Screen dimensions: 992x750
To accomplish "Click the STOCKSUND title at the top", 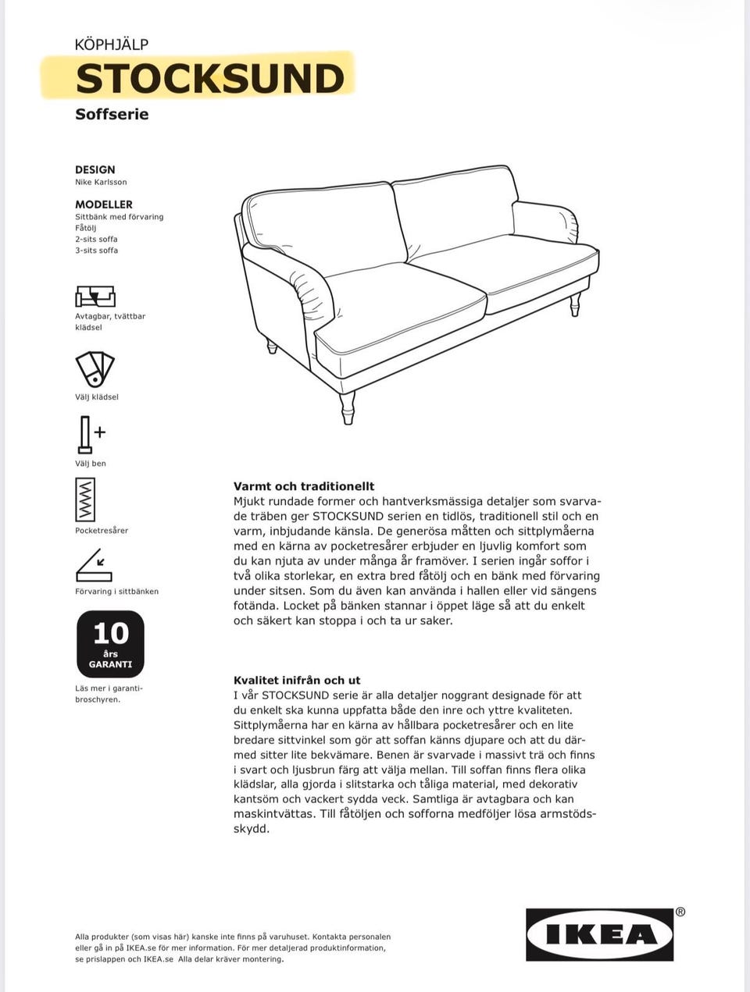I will pos(209,78).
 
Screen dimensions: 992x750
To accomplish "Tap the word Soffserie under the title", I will pos(112,114).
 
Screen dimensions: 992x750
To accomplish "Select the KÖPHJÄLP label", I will pos(111,44).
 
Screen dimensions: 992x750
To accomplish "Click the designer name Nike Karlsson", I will pos(101,182).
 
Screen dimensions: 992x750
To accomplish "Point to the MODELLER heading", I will pos(104,204).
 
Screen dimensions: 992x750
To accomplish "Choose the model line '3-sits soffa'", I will pos(97,251).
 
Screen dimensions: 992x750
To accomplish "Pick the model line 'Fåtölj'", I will pos(86,228).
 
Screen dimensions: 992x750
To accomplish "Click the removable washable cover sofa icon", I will pos(95,296).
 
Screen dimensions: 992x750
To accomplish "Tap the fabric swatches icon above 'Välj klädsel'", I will pos(95,368).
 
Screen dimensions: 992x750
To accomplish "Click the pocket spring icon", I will pos(85,500).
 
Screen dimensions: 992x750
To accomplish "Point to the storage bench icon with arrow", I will pos(94,566).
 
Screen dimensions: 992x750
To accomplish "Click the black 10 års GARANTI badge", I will pos(110,643).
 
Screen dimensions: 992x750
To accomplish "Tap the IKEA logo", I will pos(600,934).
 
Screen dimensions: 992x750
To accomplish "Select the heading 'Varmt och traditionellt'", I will pos(304,486).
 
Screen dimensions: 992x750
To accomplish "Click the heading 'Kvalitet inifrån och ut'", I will pos(297,681).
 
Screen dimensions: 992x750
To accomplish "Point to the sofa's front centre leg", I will pos(348,407).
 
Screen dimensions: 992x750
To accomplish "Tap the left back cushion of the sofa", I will pos(324,227).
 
